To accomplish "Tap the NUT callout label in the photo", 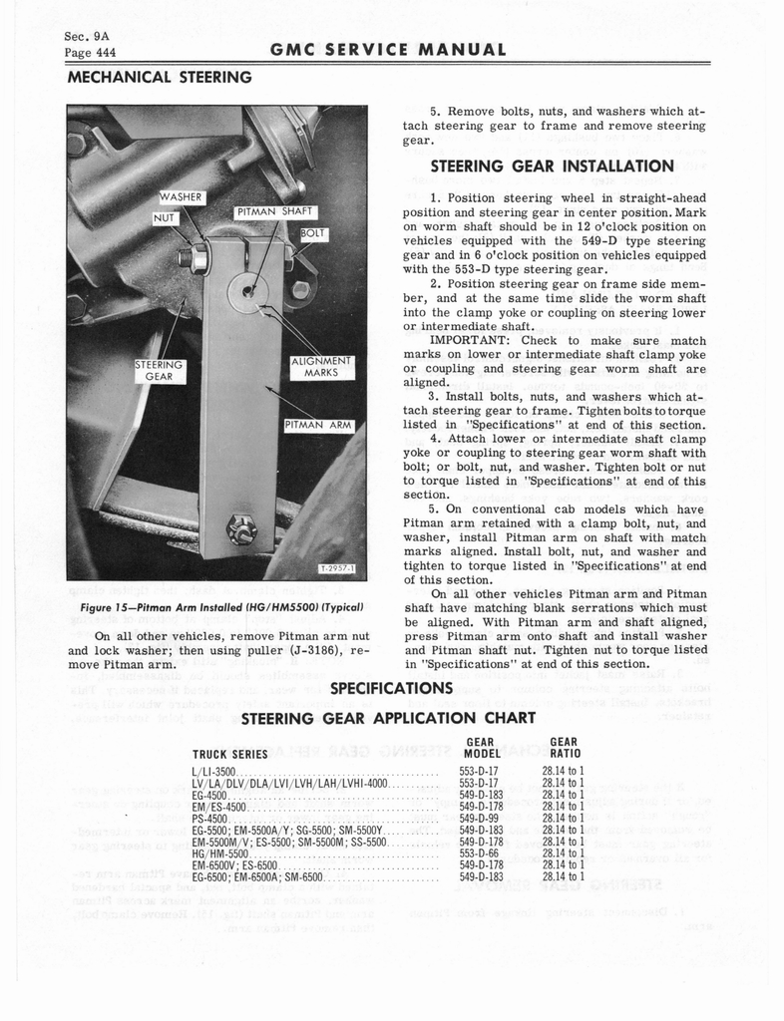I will point(165,216).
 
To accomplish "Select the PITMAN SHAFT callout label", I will point(275,211).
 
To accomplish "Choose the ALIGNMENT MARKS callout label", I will point(321,367).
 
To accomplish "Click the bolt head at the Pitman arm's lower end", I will point(241,528).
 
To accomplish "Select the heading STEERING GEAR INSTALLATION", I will point(552,166).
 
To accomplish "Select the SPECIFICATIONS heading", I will point(392,689).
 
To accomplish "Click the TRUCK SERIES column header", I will point(221,754).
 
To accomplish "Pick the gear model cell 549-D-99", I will point(478,817).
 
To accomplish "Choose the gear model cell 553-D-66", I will point(478,853).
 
